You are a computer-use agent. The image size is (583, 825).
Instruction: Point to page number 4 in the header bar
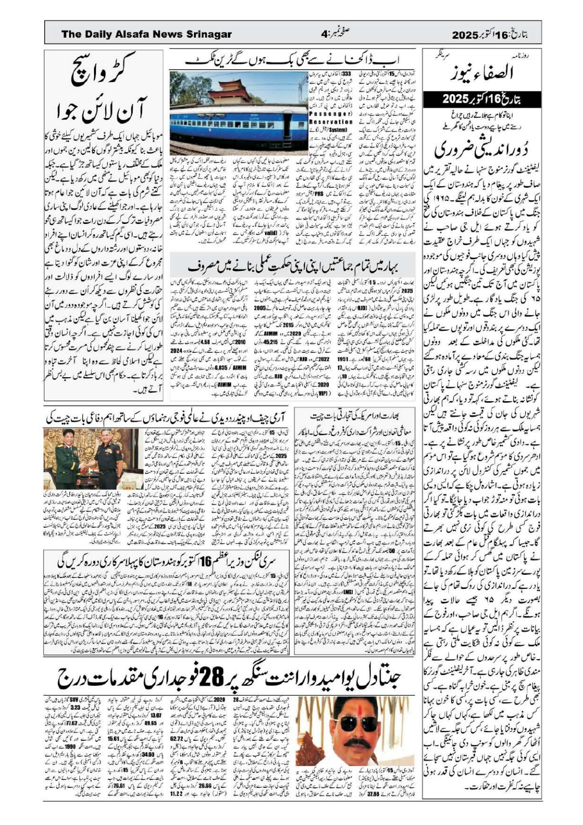323,34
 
